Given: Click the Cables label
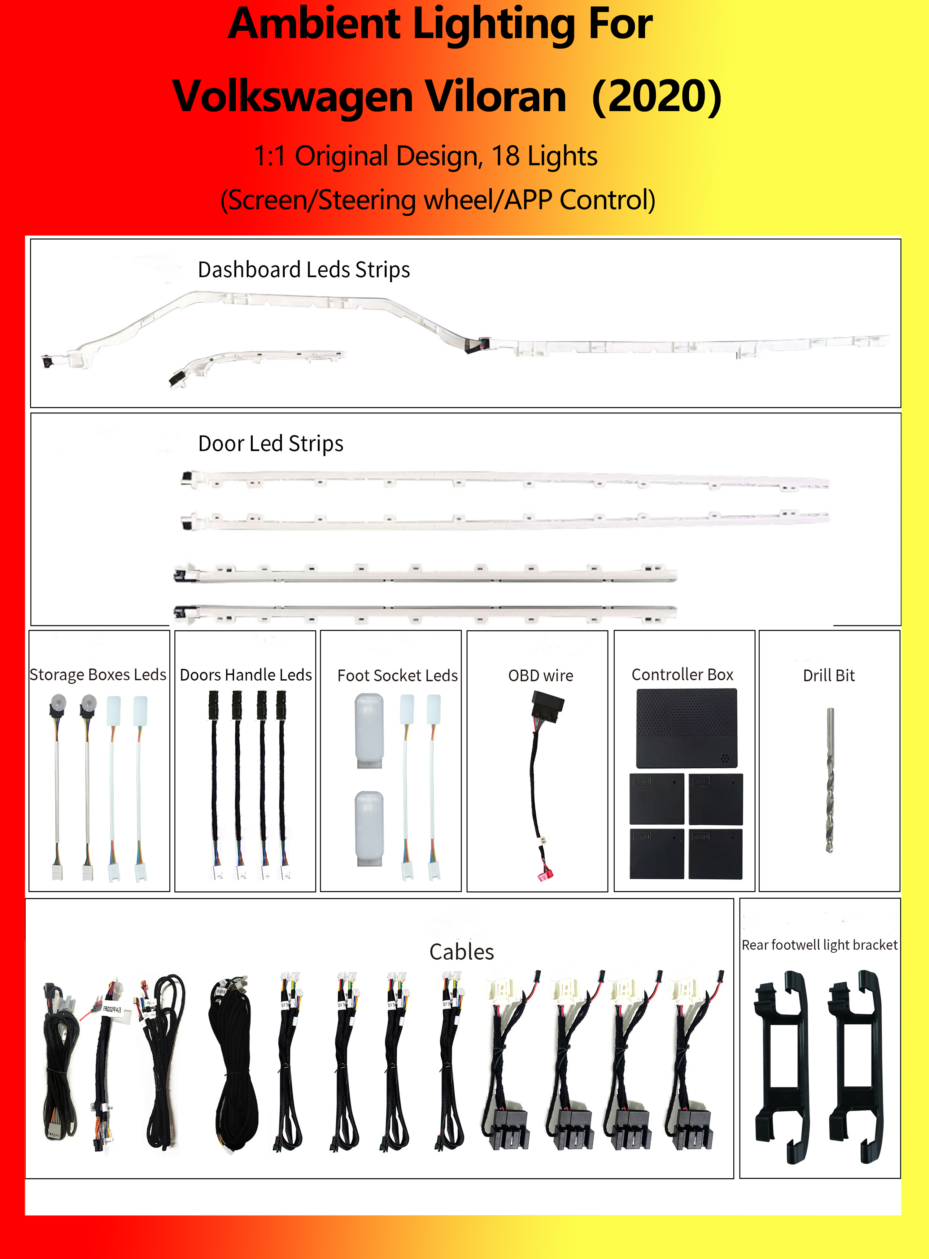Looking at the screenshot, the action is (462, 952).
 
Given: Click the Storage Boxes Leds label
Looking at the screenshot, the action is (98, 674).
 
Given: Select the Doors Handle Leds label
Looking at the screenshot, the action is (246, 674).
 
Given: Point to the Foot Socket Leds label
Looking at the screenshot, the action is (398, 675).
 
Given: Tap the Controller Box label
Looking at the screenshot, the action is (683, 674).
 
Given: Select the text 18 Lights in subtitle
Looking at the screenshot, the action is (544, 156).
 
